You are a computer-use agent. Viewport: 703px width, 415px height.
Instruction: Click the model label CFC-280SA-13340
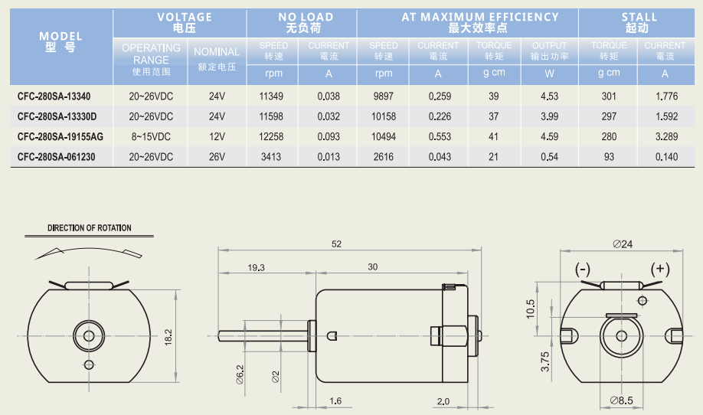coord(54,96)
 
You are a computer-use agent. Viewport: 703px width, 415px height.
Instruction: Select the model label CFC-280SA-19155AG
coord(60,137)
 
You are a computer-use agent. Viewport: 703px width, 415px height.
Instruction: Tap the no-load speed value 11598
coord(271,116)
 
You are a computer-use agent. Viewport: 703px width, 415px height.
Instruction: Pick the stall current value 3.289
coord(667,137)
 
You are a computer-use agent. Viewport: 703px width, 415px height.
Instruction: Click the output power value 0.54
coord(549,157)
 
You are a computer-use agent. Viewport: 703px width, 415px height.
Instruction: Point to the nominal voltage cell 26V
coord(217,157)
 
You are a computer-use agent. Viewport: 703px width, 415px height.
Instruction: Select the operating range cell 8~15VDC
coord(151,137)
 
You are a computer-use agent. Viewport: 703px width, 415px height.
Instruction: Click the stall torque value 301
coord(609,96)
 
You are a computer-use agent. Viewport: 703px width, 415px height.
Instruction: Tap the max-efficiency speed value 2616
coord(384,157)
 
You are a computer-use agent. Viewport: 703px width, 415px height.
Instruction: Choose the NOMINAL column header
coord(217,52)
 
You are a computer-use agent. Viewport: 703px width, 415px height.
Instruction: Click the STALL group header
coord(639,17)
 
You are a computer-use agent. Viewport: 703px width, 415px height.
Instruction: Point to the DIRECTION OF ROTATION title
coord(90,227)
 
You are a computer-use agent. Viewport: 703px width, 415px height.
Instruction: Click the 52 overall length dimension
coord(336,243)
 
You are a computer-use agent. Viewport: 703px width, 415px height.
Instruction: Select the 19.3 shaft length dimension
coord(256,267)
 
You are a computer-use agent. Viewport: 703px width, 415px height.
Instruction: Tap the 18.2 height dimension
coord(168,337)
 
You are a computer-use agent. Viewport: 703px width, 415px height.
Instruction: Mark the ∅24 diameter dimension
coord(623,243)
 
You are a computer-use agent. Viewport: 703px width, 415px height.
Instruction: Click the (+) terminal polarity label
coord(660,269)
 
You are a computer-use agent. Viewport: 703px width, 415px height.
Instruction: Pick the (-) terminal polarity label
coord(583,270)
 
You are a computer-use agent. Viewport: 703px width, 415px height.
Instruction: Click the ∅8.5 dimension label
coord(621,400)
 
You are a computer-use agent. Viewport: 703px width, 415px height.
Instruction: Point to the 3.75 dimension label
coord(544,361)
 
